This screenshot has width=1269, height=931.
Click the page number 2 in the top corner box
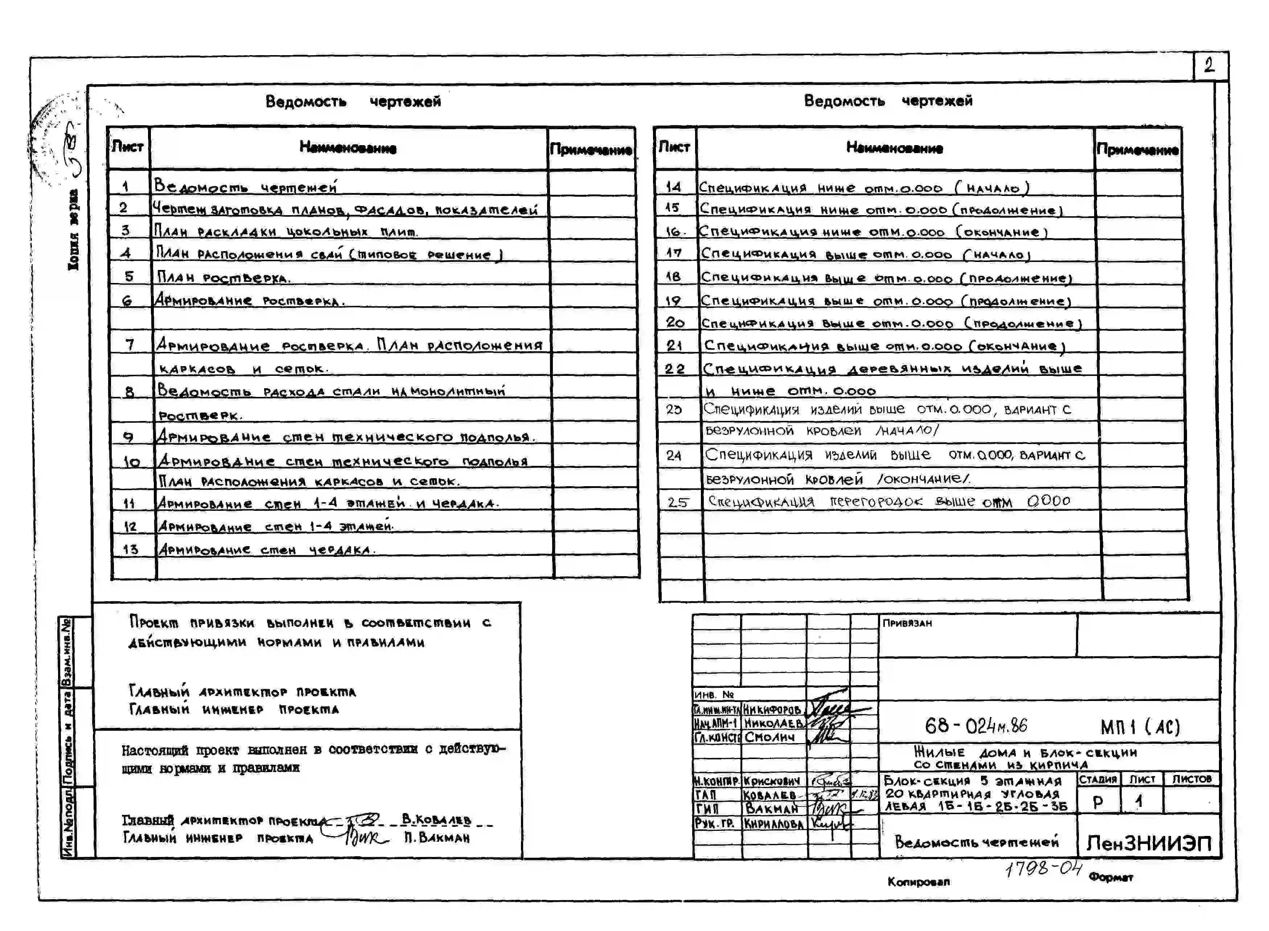1209,66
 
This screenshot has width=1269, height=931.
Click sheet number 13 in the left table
130,549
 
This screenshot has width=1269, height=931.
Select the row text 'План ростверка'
223,277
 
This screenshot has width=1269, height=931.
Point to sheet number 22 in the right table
674,369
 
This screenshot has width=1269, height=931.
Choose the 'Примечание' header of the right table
1137,150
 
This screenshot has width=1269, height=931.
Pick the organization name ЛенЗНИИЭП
1149,843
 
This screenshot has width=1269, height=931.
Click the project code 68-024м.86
976,726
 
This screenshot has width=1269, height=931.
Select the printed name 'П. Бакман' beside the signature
437,838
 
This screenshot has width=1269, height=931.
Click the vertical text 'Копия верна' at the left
73,230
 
